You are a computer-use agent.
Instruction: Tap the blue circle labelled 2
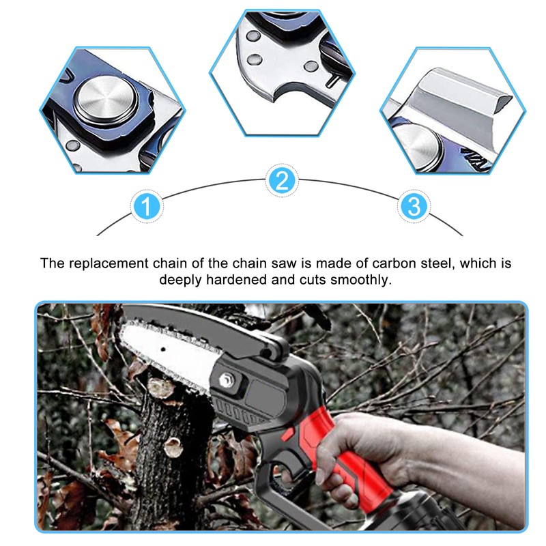coord(283,181)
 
